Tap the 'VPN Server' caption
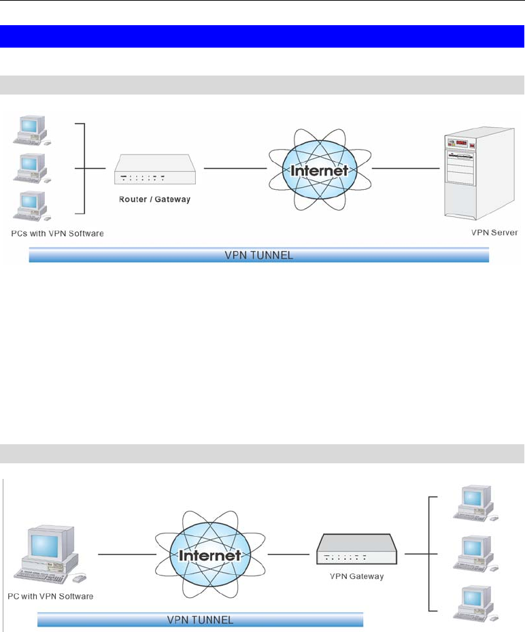[494, 232]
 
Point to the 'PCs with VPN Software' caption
[58, 233]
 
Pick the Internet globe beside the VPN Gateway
[212, 554]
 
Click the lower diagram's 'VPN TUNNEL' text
[200, 620]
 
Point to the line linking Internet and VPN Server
[405, 168]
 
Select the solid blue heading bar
[262, 36]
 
